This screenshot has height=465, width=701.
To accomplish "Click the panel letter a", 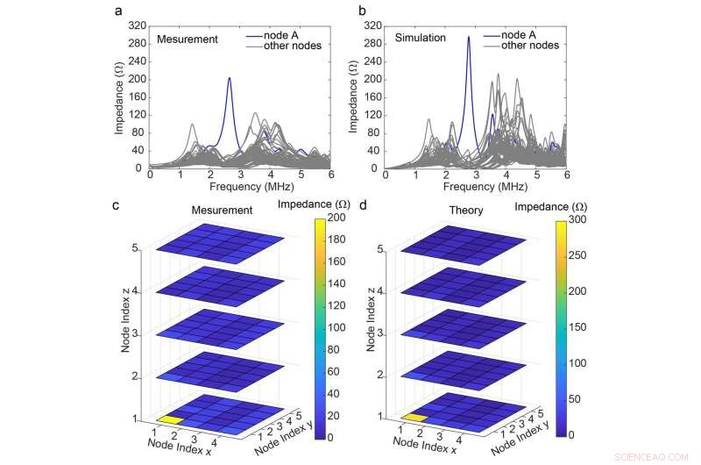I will coord(118,11).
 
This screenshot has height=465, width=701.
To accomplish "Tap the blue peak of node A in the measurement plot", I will coord(230,79).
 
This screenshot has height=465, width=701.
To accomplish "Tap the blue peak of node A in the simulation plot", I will coord(469,38).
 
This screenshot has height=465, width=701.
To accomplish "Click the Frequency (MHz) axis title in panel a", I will coord(225,187).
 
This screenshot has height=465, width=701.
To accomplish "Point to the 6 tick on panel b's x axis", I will coord(567,175).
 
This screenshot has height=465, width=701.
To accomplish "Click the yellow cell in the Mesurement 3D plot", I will coord(172,420).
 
